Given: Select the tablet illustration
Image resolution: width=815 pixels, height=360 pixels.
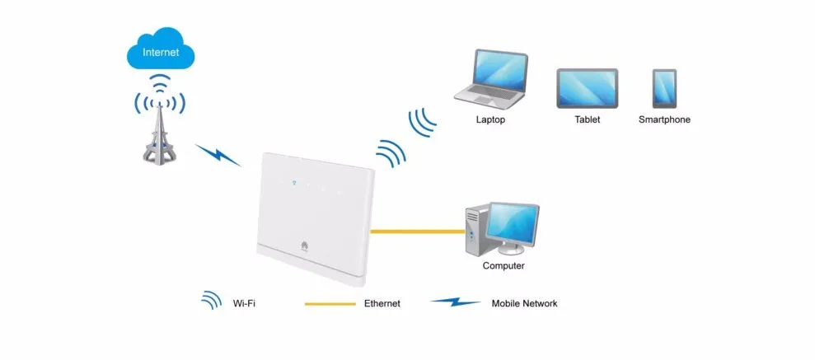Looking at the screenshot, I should click(587, 86).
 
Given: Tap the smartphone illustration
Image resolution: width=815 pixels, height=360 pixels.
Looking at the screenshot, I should click(664, 87).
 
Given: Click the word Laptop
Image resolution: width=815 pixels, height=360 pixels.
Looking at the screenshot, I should click(490, 119).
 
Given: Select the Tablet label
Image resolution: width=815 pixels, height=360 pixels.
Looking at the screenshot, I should click(587, 119).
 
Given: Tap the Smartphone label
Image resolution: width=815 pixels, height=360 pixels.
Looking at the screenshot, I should click(664, 119).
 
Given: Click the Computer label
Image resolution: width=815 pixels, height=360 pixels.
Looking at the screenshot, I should click(504, 266).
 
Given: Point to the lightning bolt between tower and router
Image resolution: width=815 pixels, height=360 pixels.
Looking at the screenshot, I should click(218, 155).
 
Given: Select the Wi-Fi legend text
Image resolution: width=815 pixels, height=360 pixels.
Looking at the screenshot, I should click(244, 304).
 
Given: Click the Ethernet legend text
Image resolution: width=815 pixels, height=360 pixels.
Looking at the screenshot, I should click(382, 304).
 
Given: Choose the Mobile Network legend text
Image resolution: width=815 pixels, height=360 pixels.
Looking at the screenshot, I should click(524, 304).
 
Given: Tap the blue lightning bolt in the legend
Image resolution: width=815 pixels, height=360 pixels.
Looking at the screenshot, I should click(455, 302).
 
